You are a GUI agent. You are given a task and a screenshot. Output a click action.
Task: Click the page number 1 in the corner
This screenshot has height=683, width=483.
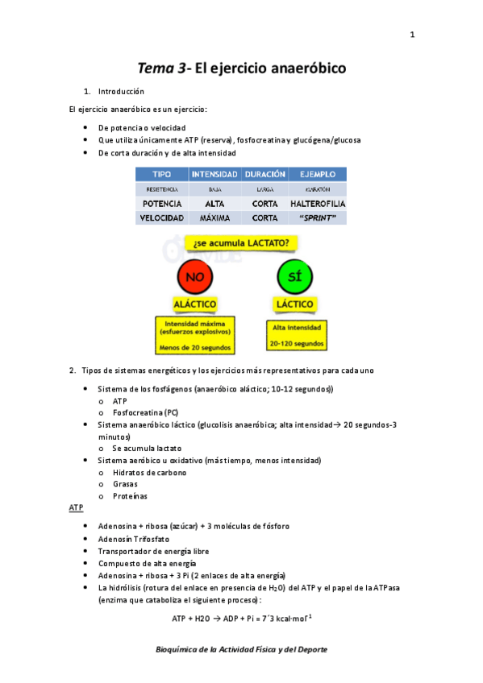coord(412,35)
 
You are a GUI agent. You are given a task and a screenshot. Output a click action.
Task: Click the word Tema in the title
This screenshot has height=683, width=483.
coord(157,69)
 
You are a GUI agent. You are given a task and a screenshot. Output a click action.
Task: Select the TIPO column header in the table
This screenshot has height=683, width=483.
coord(161,174)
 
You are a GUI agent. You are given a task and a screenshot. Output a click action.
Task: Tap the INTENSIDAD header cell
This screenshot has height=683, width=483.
coord(214,174)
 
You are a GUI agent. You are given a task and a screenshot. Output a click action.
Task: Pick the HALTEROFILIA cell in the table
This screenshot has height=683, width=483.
coord(318,204)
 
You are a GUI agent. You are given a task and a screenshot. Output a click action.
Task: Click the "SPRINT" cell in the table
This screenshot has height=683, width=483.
coord(318,217)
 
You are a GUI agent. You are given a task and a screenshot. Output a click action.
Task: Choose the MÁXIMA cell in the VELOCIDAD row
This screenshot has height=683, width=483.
coord(214,217)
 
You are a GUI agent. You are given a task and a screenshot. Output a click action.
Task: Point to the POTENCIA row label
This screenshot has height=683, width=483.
coord(161,204)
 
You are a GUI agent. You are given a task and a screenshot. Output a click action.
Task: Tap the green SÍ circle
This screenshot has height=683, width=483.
coord(295,279)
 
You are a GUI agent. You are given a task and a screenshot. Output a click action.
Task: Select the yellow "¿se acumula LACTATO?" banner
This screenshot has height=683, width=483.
coord(239,242)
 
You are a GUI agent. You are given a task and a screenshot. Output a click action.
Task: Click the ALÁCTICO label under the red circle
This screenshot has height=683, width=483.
coord(194,305)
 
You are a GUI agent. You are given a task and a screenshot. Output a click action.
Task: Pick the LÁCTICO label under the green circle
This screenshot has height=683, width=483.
coord(295,305)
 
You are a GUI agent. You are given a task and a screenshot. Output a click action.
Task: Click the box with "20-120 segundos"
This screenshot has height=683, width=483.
coord(296,335)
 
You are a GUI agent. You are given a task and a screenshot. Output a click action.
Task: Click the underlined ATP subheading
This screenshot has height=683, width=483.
coord(77,509)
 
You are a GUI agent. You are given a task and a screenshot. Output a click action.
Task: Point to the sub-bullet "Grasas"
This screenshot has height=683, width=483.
coord(125,484)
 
